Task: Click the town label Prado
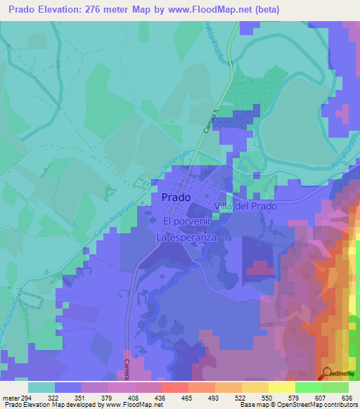(x=175, y=197)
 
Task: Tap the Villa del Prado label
(x=245, y=207)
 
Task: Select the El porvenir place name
(x=186, y=222)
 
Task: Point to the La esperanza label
(x=186, y=238)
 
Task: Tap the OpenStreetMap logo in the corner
(x=338, y=374)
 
